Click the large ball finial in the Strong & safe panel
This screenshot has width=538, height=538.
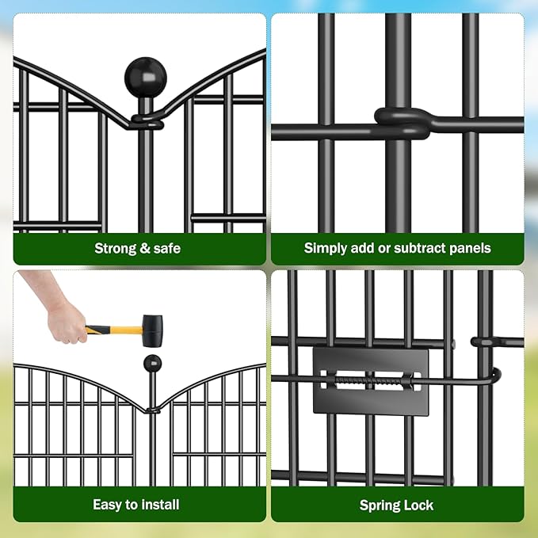coord(146,77)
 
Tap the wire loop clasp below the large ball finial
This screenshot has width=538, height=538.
coord(147,122)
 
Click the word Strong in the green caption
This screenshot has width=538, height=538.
coord(115,248)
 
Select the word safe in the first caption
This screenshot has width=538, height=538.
coord(166,248)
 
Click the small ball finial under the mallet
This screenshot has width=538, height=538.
coord(152,364)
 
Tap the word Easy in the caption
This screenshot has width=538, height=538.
coord(108,505)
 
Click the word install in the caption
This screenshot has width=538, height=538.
coord(162,505)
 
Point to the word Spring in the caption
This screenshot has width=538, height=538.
coord(379,506)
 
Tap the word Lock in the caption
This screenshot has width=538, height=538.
coord(418,505)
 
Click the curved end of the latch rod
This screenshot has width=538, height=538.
coord(494,375)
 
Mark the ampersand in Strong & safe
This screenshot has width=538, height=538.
coord(145,248)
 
